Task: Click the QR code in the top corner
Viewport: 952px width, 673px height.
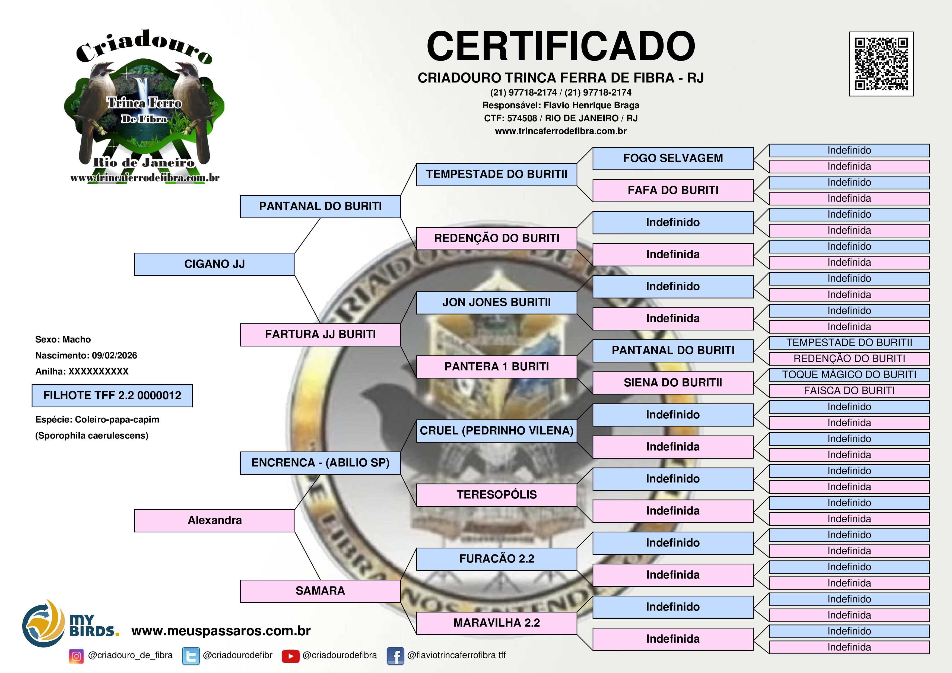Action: [881, 64]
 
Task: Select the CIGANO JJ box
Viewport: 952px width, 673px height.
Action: [214, 264]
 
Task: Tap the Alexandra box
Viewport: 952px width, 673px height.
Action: [214, 520]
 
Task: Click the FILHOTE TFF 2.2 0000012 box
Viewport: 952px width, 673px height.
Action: [112, 396]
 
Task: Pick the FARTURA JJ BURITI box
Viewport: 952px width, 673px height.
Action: [320, 335]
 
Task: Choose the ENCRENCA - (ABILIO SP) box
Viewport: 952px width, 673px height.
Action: [320, 463]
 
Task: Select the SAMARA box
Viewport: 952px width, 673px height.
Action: [320, 591]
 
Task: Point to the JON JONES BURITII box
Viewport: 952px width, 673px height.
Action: [496, 303]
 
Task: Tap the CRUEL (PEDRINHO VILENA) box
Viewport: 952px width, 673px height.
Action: [496, 431]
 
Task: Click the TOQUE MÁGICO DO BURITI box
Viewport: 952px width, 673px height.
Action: [849, 375]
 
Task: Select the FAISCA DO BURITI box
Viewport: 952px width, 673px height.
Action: [849, 391]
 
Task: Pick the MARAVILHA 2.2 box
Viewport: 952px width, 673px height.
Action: [496, 623]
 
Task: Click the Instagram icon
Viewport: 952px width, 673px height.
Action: [76, 656]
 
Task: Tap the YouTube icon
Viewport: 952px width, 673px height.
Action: [290, 656]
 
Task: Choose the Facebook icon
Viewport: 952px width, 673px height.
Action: [395, 656]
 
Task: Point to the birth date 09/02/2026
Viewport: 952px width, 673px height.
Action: [115, 356]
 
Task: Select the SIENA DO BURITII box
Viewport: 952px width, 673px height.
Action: [672, 383]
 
